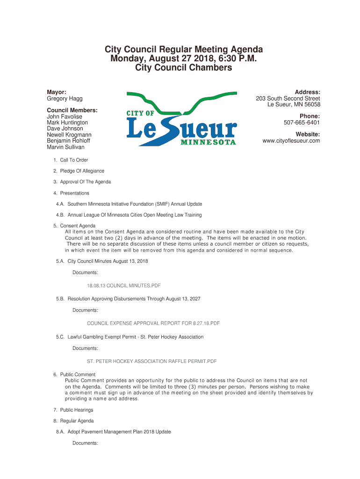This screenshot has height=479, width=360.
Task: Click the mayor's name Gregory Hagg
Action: tap(65, 99)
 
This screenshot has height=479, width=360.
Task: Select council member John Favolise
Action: tap(65, 116)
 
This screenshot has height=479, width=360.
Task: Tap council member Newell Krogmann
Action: tap(69, 135)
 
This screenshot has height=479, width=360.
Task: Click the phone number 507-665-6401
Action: tap(302, 123)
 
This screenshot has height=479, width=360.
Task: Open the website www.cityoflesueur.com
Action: tap(291, 141)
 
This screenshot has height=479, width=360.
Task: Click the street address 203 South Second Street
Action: tap(288, 99)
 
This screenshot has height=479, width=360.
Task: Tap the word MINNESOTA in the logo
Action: tap(208, 142)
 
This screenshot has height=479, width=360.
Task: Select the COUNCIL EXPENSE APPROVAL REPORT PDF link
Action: tap(153, 323)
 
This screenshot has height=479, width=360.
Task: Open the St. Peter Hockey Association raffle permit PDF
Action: tap(152, 361)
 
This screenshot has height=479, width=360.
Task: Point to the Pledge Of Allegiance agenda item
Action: tap(82, 171)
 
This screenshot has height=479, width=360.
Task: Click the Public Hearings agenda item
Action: tap(76, 410)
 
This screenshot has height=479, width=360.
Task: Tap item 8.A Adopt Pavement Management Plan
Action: tap(119, 432)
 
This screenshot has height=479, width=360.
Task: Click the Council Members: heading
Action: tap(72, 110)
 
